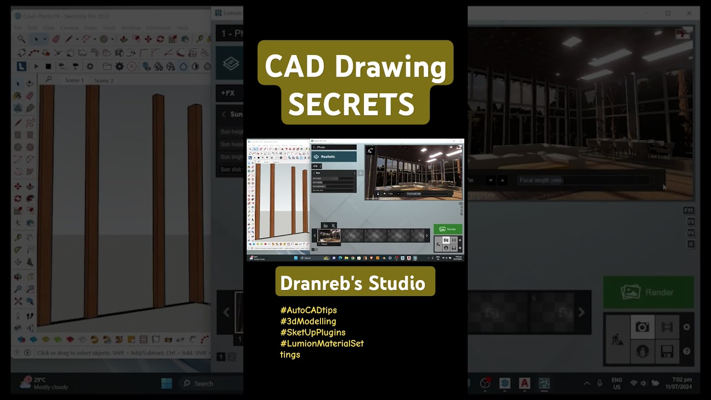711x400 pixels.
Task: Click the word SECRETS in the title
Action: pos(351,104)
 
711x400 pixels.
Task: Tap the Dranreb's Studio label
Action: pos(353,283)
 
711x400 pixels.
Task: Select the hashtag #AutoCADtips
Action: pos(308,310)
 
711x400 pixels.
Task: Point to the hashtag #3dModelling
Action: pos(308,321)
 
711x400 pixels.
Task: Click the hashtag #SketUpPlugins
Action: pos(313,332)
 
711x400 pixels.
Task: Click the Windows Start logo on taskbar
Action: pos(166,383)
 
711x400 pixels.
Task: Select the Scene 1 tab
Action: pos(74,81)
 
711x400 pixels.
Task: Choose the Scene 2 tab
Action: pos(104,81)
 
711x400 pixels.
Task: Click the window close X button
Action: pos(689,13)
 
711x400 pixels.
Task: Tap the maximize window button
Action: pos(668,13)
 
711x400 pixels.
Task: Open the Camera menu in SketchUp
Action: pos(69,28)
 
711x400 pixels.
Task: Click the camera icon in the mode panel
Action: pos(642,327)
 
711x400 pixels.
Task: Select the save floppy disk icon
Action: pos(667,351)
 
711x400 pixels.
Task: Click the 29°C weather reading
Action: pos(39,380)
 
